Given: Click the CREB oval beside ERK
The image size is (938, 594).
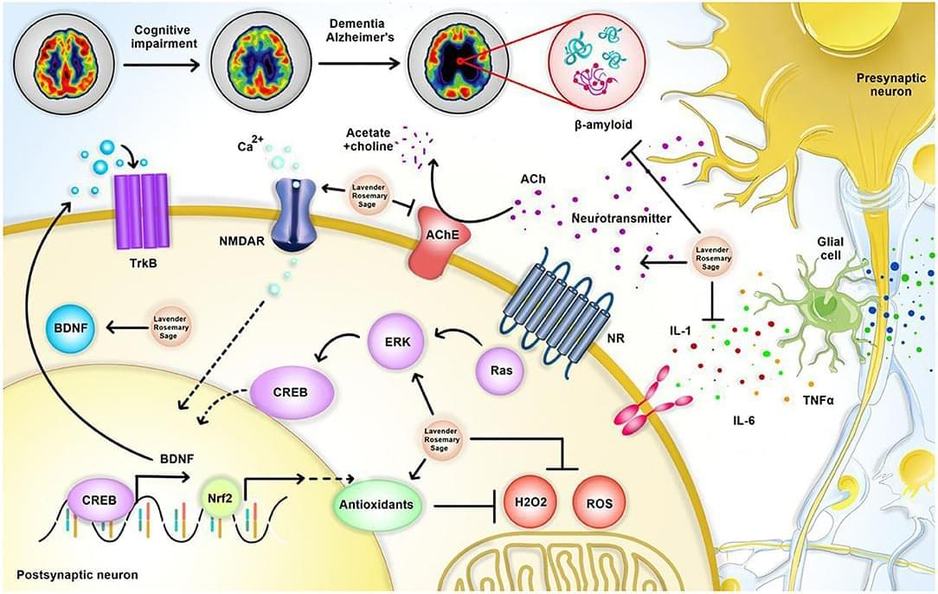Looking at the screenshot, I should coord(293,391).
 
